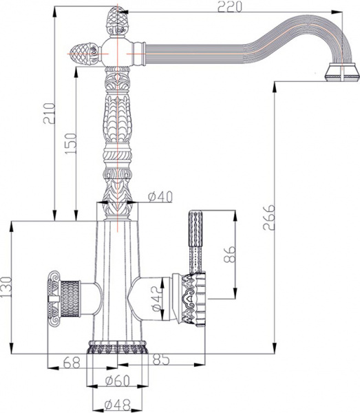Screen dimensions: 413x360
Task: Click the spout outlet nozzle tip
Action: (x=341, y=72)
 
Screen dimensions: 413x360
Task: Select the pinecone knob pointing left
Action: (x=87, y=50)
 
